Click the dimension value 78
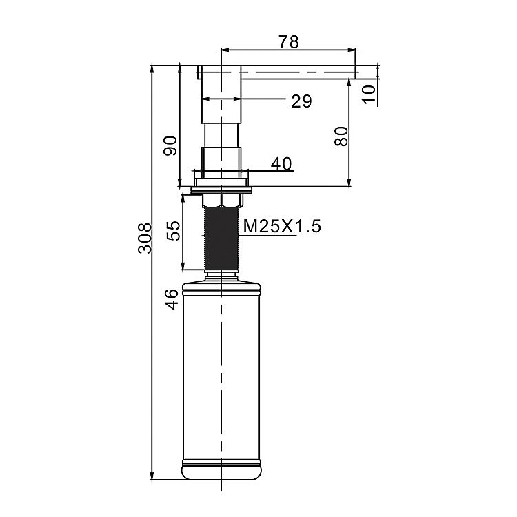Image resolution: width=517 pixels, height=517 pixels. coord(289,42)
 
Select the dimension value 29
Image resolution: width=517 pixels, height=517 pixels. coord(301,101)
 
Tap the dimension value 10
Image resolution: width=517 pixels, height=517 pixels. coord(370,92)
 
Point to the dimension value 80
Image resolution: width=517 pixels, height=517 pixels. coord(340,136)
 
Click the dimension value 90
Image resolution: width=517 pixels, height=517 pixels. coord(170,145)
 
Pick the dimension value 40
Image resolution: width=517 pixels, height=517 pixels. coord(281,163)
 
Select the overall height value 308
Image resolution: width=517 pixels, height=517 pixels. coord(144,238)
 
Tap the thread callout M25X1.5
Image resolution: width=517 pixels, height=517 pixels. coord(282,225)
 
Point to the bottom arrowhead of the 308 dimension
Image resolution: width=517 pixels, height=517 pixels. coord(152,476)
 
